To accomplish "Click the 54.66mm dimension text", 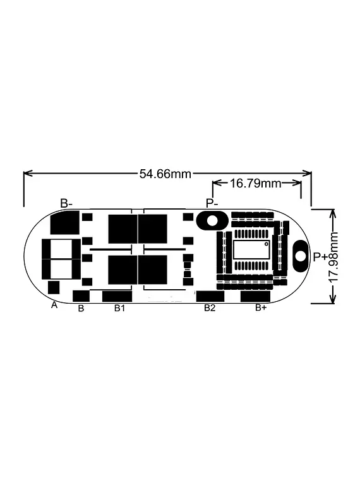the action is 165,174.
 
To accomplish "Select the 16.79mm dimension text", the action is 256,184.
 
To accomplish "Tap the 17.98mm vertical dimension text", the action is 334,256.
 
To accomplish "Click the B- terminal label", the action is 66,203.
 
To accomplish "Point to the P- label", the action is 212,203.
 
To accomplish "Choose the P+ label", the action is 320,256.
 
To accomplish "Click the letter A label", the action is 54,305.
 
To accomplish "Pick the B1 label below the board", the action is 119,307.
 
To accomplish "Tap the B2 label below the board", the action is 210,307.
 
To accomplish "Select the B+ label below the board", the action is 261,307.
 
